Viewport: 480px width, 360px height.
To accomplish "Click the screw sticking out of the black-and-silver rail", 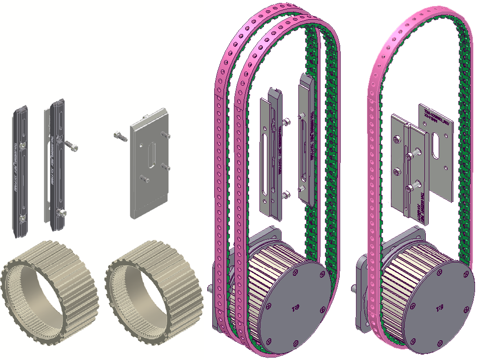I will click(x=71, y=145).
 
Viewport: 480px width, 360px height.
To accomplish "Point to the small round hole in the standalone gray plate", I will click(x=142, y=145).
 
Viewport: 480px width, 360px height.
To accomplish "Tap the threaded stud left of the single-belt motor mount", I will click(x=353, y=288).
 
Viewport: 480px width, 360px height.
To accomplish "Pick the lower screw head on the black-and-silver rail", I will click(x=61, y=212).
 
